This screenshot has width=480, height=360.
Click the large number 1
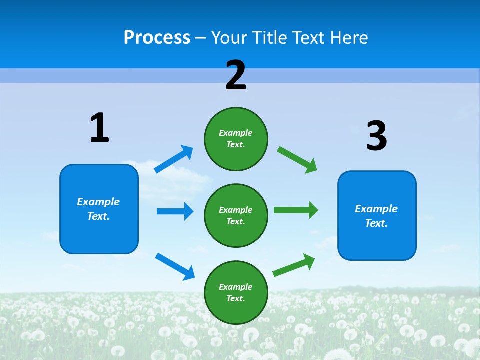pos(99,128)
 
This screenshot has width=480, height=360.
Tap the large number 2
pos(236,75)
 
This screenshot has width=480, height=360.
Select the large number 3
pos(376,136)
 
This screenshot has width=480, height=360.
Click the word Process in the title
pos(157,37)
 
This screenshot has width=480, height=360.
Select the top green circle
pos(236,139)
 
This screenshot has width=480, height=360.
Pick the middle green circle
pos(236,215)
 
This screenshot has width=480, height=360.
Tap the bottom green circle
pos(236,292)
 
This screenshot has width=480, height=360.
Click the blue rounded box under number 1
pos(99,209)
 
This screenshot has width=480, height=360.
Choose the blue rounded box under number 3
pos(377,215)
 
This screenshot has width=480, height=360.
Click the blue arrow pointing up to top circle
pos(174,159)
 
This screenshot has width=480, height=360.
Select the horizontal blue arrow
pos(175,211)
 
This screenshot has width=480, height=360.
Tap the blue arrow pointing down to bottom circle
pos(175,266)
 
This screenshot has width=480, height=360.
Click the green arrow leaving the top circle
pos(297,159)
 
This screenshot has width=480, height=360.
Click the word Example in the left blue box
pos(98,202)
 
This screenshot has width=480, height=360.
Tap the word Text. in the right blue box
pos(376,223)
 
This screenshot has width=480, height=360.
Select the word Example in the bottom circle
pos(236,287)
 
